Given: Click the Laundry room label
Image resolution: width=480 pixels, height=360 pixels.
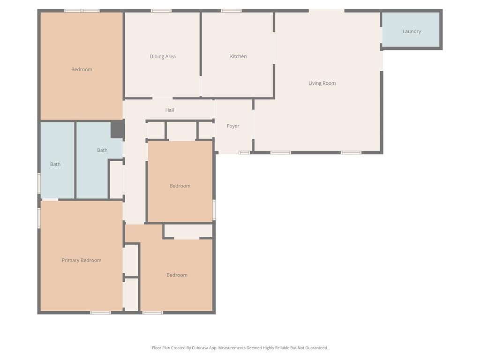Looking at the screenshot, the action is (x=412, y=31).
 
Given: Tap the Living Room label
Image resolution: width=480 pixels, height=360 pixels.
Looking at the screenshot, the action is (x=322, y=83).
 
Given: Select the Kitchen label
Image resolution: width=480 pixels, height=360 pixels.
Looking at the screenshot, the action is (x=238, y=56).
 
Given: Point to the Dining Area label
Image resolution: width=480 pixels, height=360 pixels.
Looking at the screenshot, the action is (x=163, y=56).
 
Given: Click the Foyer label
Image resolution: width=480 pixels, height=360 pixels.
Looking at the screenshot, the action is (x=233, y=126).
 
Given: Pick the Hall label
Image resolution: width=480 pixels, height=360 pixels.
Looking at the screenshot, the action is (x=170, y=110).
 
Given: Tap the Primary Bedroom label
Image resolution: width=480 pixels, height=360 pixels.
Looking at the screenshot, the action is (x=82, y=260).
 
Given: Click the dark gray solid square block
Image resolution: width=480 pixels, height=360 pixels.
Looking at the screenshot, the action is (x=117, y=129).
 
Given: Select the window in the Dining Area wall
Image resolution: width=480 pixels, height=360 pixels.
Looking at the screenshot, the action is (x=161, y=11).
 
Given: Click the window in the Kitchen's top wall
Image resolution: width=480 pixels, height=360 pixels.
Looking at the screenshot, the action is (x=231, y=11).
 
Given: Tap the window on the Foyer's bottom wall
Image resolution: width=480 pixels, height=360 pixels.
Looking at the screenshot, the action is (x=244, y=152).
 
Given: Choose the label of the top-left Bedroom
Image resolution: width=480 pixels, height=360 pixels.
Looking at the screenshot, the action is (x=82, y=69).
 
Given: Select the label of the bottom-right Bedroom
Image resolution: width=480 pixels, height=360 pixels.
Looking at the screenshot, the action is (x=177, y=275).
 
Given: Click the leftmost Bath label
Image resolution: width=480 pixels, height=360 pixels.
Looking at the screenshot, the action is (x=55, y=165).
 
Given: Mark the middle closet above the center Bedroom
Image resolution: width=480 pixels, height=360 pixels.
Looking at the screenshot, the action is (x=181, y=131).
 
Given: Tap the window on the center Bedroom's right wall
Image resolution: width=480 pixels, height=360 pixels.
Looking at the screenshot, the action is (x=214, y=210).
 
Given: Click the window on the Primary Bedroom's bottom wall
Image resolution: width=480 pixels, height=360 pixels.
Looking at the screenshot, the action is (x=100, y=313).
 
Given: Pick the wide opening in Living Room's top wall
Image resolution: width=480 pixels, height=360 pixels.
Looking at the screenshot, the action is (x=327, y=11).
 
